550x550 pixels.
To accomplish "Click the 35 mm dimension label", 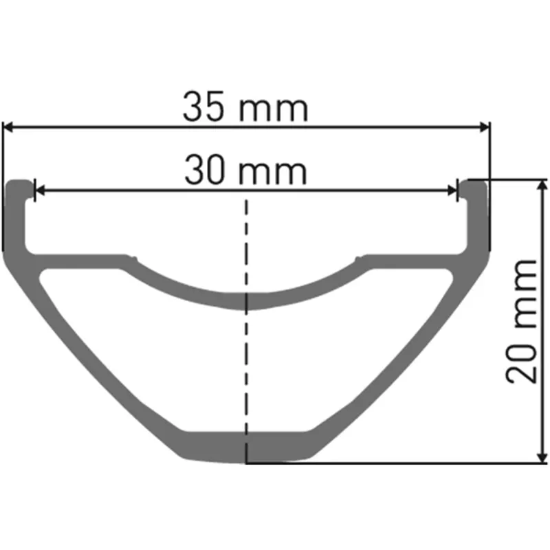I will pyautogui.click(x=245, y=109).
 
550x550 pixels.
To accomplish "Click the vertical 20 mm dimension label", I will pyautogui.click(x=520, y=320).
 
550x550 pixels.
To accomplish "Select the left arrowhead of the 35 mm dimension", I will pyautogui.click(x=9, y=126).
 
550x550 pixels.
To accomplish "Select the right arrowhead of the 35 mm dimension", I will pyautogui.click(x=485, y=126).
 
